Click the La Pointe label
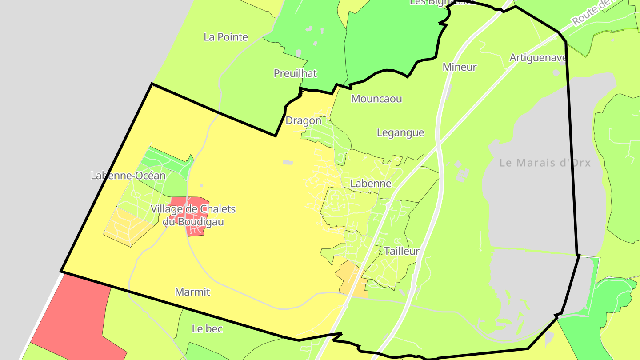pos(226,37)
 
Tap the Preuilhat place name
pos(295,73)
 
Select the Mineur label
pos(460,67)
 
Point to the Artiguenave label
pos(538,58)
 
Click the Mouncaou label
pos(376,99)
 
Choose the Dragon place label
pos(303,120)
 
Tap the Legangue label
pos(400,132)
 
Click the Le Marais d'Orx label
pos(545,163)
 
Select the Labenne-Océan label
pos(128,176)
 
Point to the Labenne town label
pos(371,184)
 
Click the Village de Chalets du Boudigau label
pos(193,215)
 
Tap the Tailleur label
pos(402,251)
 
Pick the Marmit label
pos(192,292)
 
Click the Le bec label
pos(207,329)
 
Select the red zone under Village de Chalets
pos(196,229)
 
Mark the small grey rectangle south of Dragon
pos(288,163)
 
